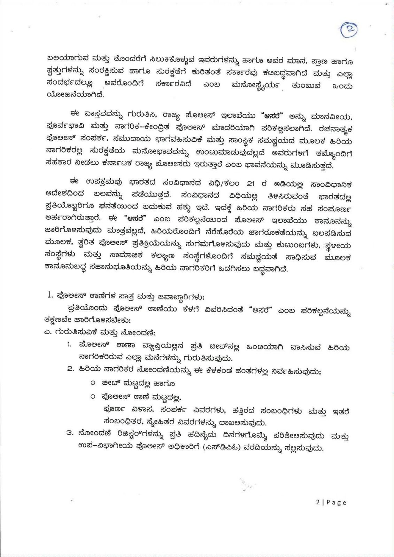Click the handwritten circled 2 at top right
click(x=349, y=30)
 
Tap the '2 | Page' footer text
click(x=331, y=502)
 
